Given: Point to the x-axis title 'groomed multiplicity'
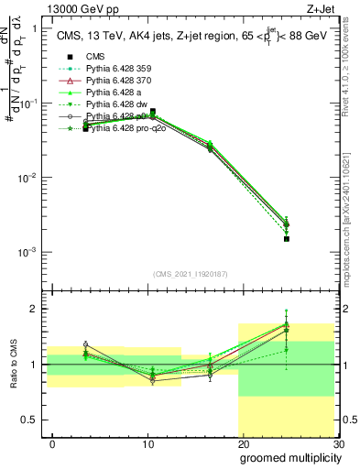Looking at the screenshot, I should point(289,456).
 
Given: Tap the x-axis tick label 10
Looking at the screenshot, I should point(147,443).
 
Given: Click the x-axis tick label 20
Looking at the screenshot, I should point(243,443).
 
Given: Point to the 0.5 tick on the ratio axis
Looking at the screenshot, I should point(34,420).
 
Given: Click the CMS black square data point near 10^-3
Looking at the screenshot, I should point(287,238).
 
